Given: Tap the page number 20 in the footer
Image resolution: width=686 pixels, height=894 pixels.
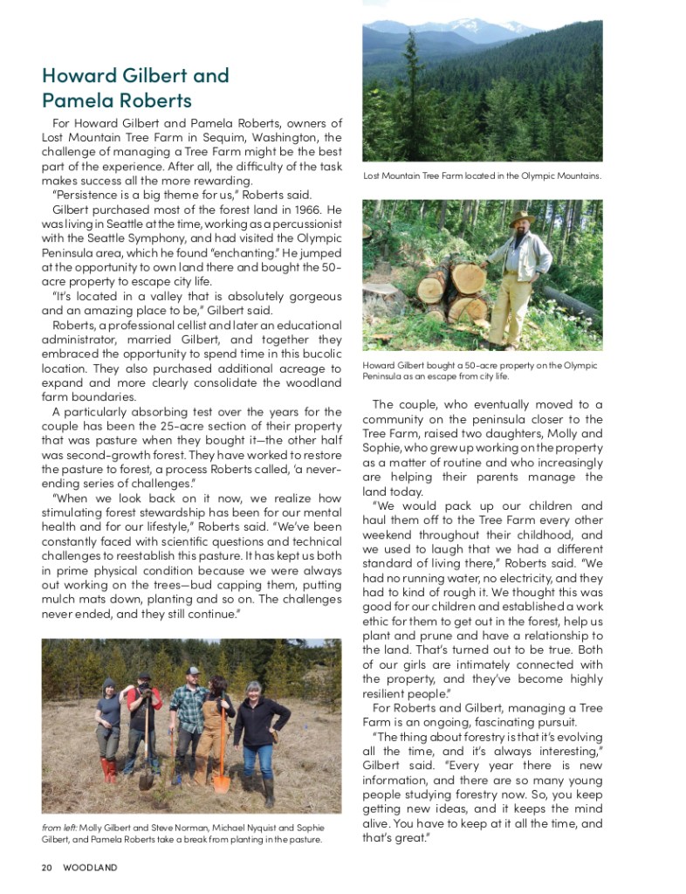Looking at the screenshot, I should tap(47, 868).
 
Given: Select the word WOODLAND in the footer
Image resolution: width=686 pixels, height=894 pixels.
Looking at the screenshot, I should tap(90, 868).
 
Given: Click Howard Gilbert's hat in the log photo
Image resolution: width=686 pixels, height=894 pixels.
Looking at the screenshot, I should tap(521, 219).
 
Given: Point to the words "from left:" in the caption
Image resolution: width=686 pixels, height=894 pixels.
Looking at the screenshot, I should tap(58, 828).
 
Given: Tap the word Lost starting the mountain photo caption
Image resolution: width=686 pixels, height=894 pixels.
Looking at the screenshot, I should tap(373, 176).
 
